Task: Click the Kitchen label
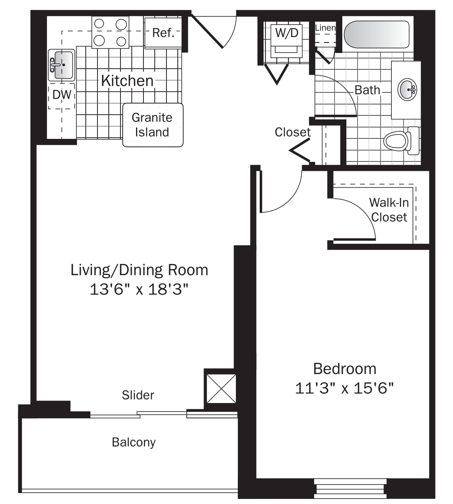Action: click(x=127, y=81)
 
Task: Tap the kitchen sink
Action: click(x=62, y=65)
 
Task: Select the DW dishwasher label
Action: click(x=62, y=95)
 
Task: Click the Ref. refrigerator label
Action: click(x=163, y=33)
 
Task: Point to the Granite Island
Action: click(x=153, y=125)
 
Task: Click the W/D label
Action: click(x=287, y=33)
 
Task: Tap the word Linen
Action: click(x=326, y=28)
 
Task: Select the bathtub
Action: click(x=377, y=34)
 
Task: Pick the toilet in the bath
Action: click(x=401, y=141)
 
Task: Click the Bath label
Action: click(x=367, y=90)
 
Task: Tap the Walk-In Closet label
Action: click(x=389, y=210)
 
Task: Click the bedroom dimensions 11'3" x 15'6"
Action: click(x=344, y=388)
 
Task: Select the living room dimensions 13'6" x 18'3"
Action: click(x=139, y=289)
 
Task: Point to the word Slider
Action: click(x=138, y=395)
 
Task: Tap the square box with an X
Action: click(x=221, y=389)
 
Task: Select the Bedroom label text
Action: click(x=345, y=369)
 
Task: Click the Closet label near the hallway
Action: click(x=292, y=132)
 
